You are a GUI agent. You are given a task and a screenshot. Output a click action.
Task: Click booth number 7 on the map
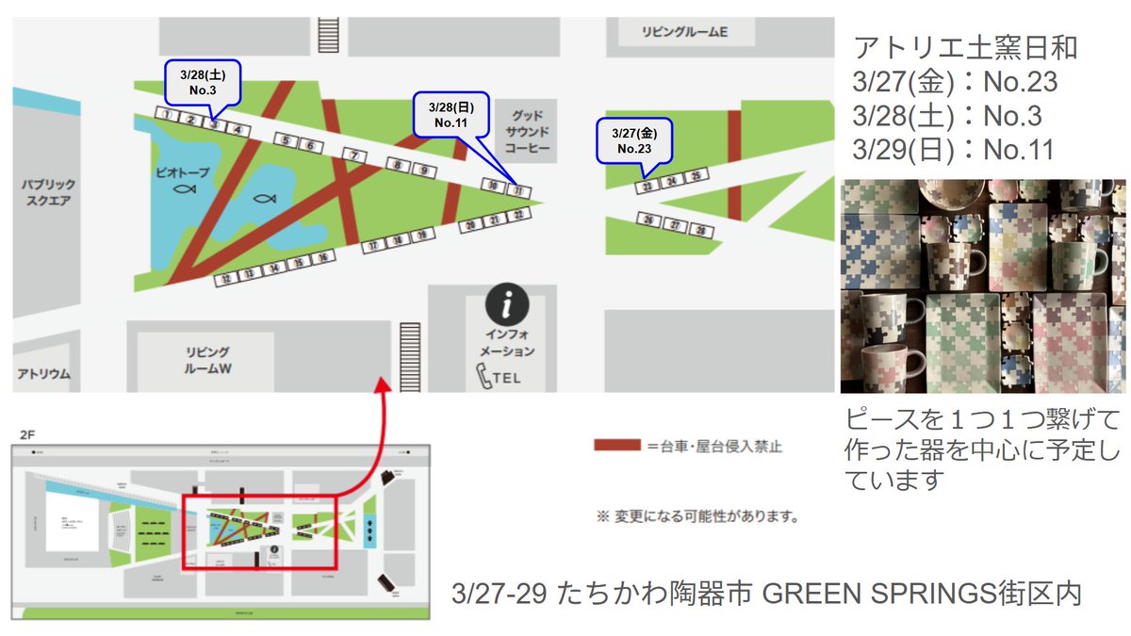pos(354,155)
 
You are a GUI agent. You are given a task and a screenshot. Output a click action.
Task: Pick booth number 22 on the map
pos(518,216)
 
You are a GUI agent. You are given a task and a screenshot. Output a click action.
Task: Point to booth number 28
pos(699,230)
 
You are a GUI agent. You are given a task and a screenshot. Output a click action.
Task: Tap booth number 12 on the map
pos(225,279)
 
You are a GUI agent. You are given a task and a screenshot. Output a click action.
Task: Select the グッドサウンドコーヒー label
pos(526,132)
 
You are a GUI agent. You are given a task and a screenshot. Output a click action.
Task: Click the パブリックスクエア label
pos(48,193)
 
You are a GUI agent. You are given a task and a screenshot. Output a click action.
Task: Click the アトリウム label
pos(43,374)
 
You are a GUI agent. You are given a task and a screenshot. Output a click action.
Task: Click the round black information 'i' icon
pos(507,305)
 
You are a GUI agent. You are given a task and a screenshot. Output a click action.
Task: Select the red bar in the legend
pos(616,446)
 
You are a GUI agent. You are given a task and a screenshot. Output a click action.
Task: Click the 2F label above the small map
pos(29,434)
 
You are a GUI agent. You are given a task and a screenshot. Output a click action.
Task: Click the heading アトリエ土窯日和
pos(964,47)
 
